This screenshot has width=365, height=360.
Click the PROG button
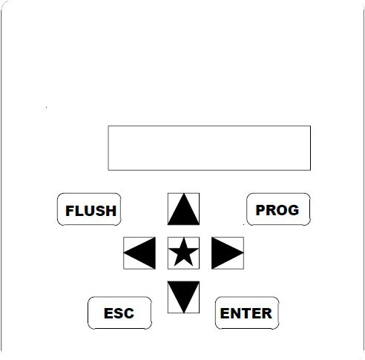tap(278, 209)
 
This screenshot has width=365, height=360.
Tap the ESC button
tap(119, 313)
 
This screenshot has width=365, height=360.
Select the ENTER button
tap(247, 313)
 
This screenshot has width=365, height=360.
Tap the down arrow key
tap(183, 297)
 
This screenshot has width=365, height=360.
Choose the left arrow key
tap(139, 253)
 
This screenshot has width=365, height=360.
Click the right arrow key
tap(228, 253)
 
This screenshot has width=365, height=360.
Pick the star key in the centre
tap(183, 253)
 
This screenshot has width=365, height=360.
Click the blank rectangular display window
tap(209, 148)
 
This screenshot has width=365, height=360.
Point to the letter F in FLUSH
tap(70, 211)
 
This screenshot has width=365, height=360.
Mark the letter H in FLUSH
tap(111, 211)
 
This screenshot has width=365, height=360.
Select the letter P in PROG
tap(260, 210)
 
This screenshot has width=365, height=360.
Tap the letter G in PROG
tap(294, 210)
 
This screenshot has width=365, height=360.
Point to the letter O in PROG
tap(282, 210)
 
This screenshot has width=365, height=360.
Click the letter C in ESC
tap(129, 313)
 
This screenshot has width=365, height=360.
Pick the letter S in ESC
tap(119, 313)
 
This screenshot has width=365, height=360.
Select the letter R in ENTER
tap(267, 313)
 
